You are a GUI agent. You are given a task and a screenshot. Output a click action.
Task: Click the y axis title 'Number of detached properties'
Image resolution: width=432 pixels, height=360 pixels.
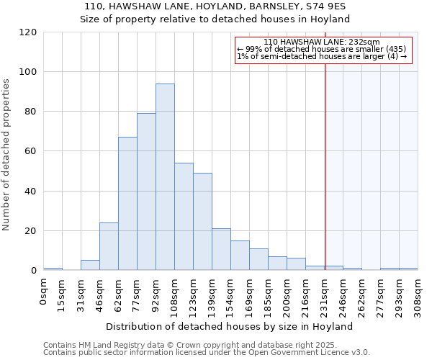click(x=7, y=155)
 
